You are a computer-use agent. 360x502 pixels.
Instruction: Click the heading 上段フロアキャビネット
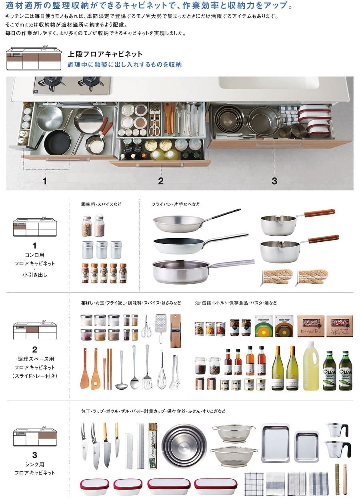pyautogui.click(x=105, y=54)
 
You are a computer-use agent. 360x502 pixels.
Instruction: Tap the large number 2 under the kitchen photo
pyautogui.click(x=160, y=181)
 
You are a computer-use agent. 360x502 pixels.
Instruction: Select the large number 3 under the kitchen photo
pyautogui.click(x=274, y=181)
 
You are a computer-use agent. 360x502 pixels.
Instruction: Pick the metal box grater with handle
pyautogui.click(x=161, y=328)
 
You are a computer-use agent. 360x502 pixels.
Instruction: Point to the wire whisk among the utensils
pyautogui.click(x=162, y=370)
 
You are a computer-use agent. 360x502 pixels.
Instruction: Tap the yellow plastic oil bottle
pyautogui.click(x=311, y=366)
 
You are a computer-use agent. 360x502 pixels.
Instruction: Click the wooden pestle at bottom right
pyautogui.click(x=345, y=479)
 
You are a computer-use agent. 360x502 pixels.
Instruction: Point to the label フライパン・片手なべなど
pyautogui.click(x=176, y=204)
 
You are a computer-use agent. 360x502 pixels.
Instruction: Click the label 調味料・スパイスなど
pyautogui.click(x=101, y=204)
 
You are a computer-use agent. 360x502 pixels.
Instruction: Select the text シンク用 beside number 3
pyautogui.click(x=34, y=464)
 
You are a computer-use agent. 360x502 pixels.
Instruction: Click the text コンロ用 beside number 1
pyautogui.click(x=34, y=255)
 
